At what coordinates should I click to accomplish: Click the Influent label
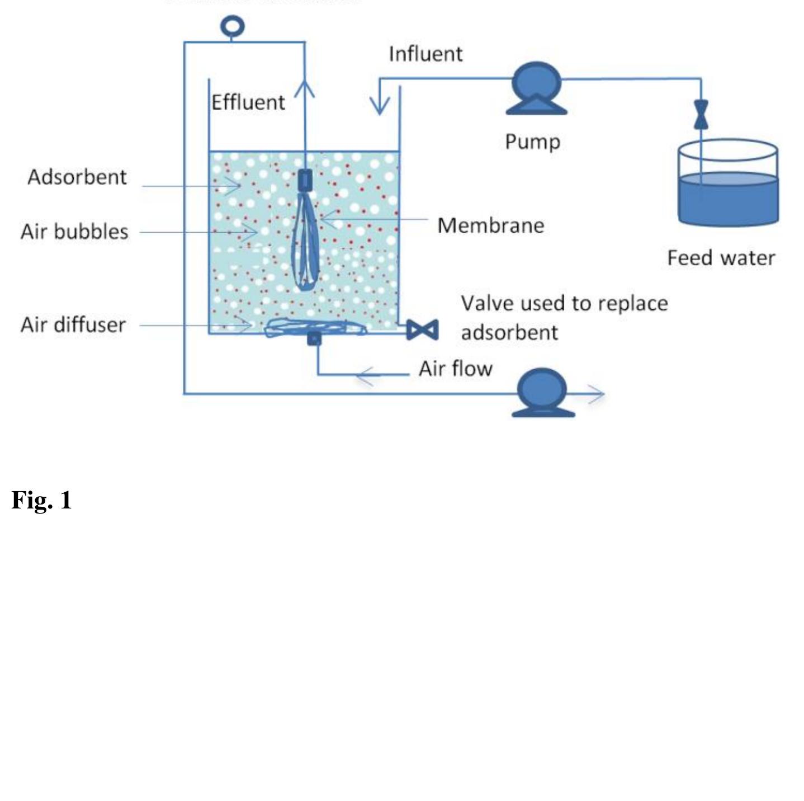pyautogui.click(x=425, y=54)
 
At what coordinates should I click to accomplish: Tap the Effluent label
pyautogui.click(x=248, y=103)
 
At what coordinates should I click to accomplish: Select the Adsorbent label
pyautogui.click(x=77, y=177)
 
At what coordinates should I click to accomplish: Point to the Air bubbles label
pyautogui.click(x=74, y=232)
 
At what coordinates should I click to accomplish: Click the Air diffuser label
pyautogui.click(x=73, y=325)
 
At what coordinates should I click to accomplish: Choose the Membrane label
pyautogui.click(x=490, y=225)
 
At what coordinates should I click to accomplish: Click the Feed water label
pyautogui.click(x=721, y=258)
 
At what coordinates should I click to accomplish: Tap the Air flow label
pyautogui.click(x=455, y=369)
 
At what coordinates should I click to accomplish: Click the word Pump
pyautogui.click(x=532, y=142)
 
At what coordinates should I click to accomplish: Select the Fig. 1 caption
pyautogui.click(x=42, y=500)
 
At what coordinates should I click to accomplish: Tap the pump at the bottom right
pyautogui.click(x=542, y=392)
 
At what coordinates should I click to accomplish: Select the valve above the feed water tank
pyautogui.click(x=701, y=115)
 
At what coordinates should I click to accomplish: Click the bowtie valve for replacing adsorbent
pyautogui.click(x=422, y=330)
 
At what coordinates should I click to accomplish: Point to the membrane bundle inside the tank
pyautogui.click(x=305, y=241)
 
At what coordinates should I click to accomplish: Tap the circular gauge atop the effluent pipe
pyautogui.click(x=232, y=26)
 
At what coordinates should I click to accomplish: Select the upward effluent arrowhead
pyautogui.click(x=305, y=89)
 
